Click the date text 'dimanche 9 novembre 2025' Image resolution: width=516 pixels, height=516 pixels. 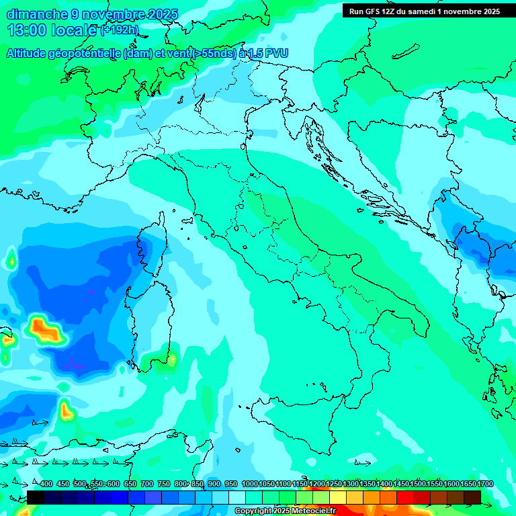pos(92,14)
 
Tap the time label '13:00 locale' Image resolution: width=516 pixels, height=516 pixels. pos(52,30)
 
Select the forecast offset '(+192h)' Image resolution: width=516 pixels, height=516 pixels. pos(120,30)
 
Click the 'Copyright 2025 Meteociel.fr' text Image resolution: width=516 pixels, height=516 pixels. pos(285,511)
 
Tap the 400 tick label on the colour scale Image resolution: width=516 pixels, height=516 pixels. pos(46,484)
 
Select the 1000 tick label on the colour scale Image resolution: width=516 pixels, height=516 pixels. pos(249,484)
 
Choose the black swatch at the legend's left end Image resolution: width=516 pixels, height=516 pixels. pos(36,497)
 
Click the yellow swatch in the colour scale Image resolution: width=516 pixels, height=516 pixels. pos(338,497)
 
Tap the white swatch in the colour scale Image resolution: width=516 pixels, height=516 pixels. pos(237,497)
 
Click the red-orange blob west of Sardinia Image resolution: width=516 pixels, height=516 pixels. pos(45,330)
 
